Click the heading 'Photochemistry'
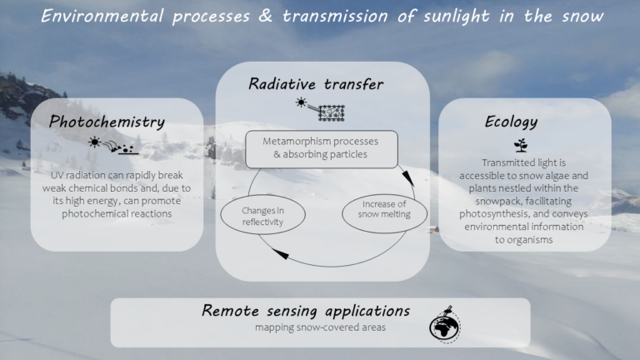pos(107,122)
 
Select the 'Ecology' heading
pos(511,122)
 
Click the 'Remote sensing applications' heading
pos(306,311)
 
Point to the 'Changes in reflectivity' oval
pos(262,216)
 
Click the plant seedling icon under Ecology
pos(520,145)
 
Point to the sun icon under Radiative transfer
pos(301,102)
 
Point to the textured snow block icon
pos(332,109)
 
